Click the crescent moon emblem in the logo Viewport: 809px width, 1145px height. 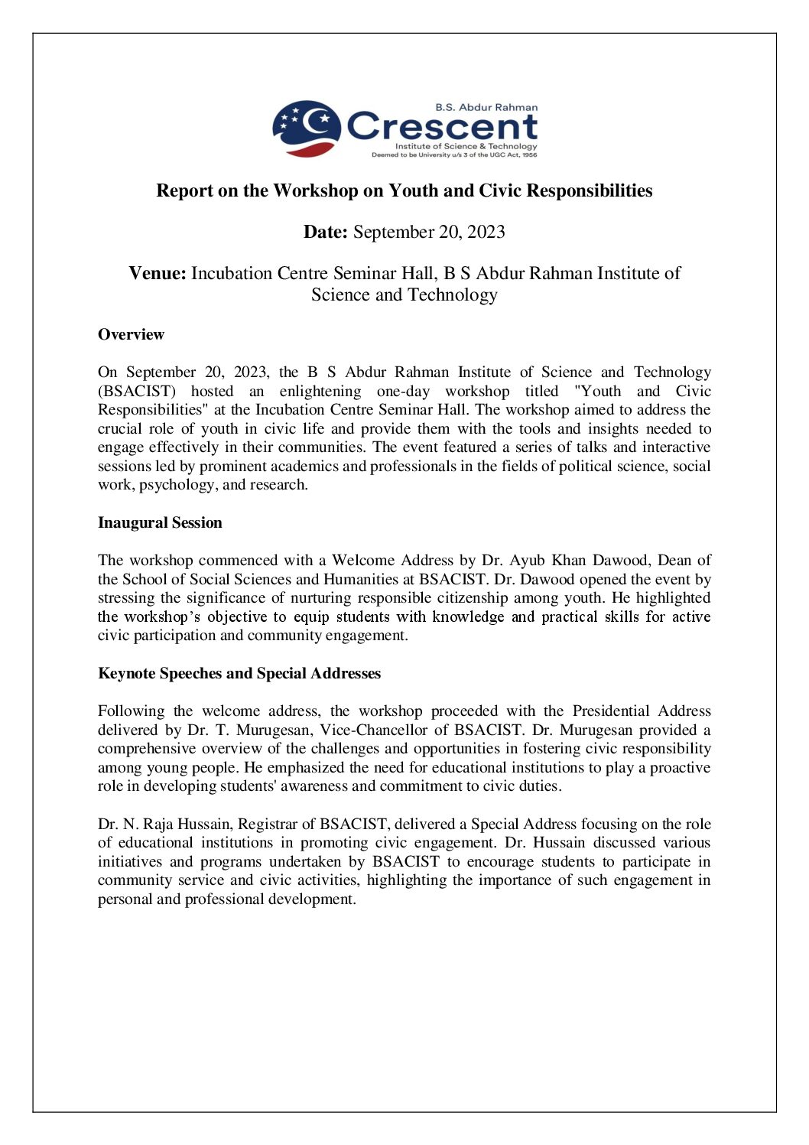307,127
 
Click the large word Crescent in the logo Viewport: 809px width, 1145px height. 443,127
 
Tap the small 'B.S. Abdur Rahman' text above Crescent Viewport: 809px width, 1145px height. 486,108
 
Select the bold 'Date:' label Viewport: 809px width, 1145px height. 326,233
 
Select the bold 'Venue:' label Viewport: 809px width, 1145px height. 158,274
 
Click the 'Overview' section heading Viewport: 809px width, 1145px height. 131,335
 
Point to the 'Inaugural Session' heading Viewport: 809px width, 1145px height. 160,523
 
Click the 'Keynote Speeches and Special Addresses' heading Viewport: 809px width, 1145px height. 239,674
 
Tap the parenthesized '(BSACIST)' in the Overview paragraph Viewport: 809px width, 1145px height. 137,392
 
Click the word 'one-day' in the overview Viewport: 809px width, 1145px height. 403,392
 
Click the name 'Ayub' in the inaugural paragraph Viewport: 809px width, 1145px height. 527,561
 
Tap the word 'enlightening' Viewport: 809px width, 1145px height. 320,392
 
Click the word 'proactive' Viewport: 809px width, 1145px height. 680,768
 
